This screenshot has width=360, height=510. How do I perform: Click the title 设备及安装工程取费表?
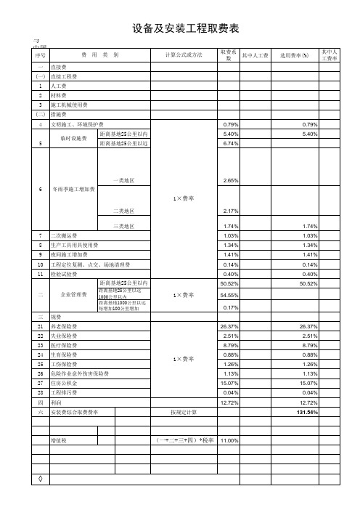point(186,28)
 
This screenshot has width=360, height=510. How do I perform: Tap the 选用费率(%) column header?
point(294,55)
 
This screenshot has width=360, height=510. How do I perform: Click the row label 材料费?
point(59,94)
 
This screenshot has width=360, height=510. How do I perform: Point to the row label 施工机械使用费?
point(67,104)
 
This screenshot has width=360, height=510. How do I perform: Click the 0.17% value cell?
point(230,307)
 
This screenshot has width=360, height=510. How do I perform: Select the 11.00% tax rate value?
point(229,440)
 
